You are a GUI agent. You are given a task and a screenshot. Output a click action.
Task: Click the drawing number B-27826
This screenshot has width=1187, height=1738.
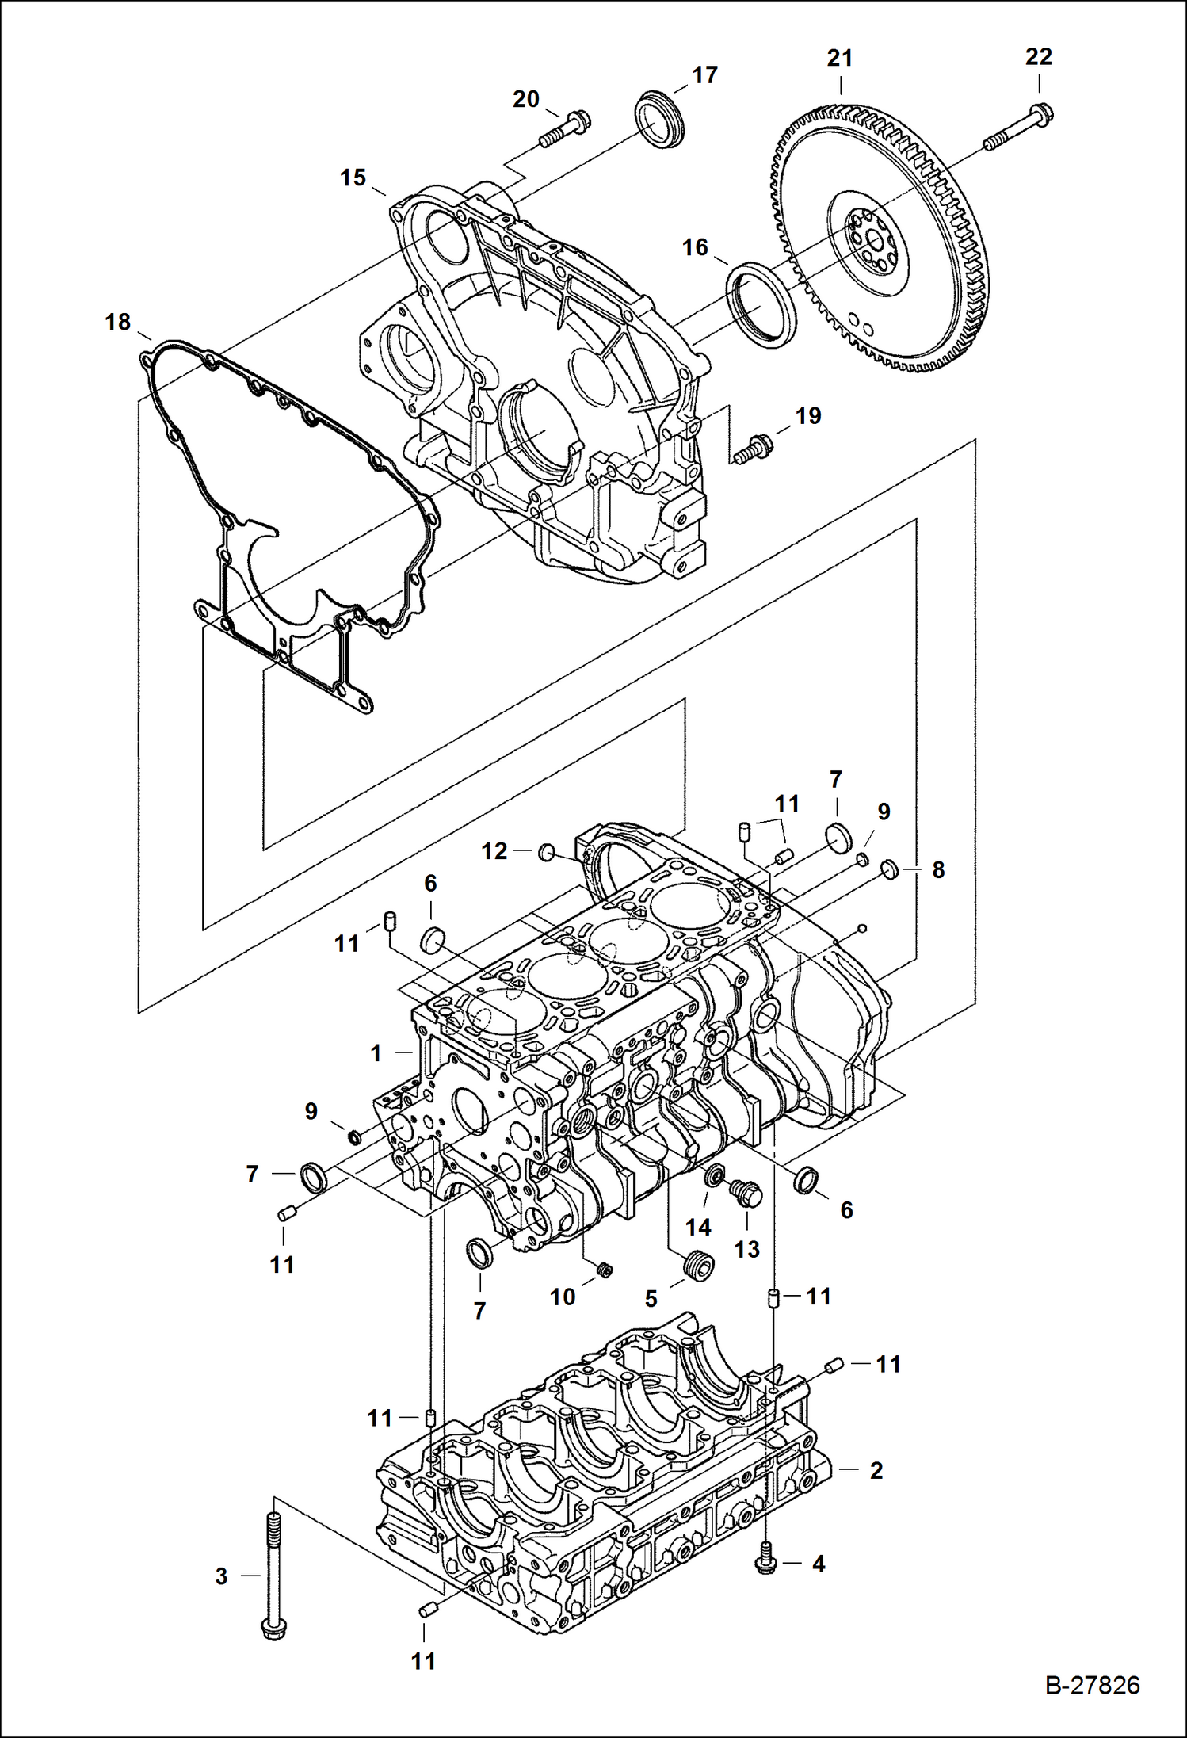point(1092,1685)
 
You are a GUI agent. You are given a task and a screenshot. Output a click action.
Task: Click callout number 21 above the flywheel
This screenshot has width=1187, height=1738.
point(839,58)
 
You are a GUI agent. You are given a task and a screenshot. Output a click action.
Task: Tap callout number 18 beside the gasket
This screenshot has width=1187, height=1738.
point(117,322)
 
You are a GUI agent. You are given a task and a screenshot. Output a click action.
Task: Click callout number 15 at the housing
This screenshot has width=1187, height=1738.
point(353,178)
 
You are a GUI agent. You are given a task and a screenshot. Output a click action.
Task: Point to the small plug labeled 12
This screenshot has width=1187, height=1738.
point(546,852)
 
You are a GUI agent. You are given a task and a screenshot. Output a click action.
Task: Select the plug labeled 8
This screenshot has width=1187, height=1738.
point(889,869)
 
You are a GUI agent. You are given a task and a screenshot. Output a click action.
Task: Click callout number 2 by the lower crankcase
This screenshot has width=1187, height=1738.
point(876,1470)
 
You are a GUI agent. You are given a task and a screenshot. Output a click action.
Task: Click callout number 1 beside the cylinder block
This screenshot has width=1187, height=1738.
point(376,1053)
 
